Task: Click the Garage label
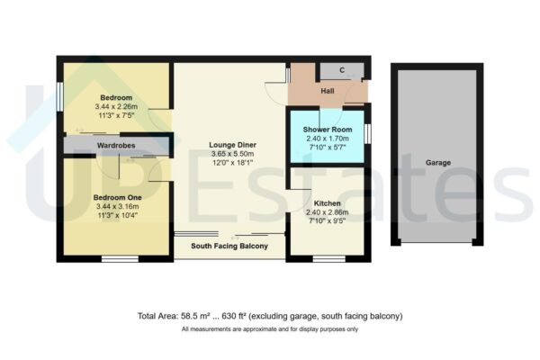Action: pyautogui.click(x=438, y=163)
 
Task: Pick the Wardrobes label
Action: pyautogui.click(x=115, y=144)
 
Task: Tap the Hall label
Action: pyautogui.click(x=328, y=93)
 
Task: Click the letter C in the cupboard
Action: pyautogui.click(x=343, y=70)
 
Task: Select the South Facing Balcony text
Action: pyautogui.click(x=229, y=245)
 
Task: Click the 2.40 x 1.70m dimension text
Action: pyautogui.click(x=326, y=139)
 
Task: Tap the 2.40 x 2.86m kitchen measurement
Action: pyautogui.click(x=326, y=214)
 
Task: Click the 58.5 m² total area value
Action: pyautogui.click(x=199, y=316)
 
